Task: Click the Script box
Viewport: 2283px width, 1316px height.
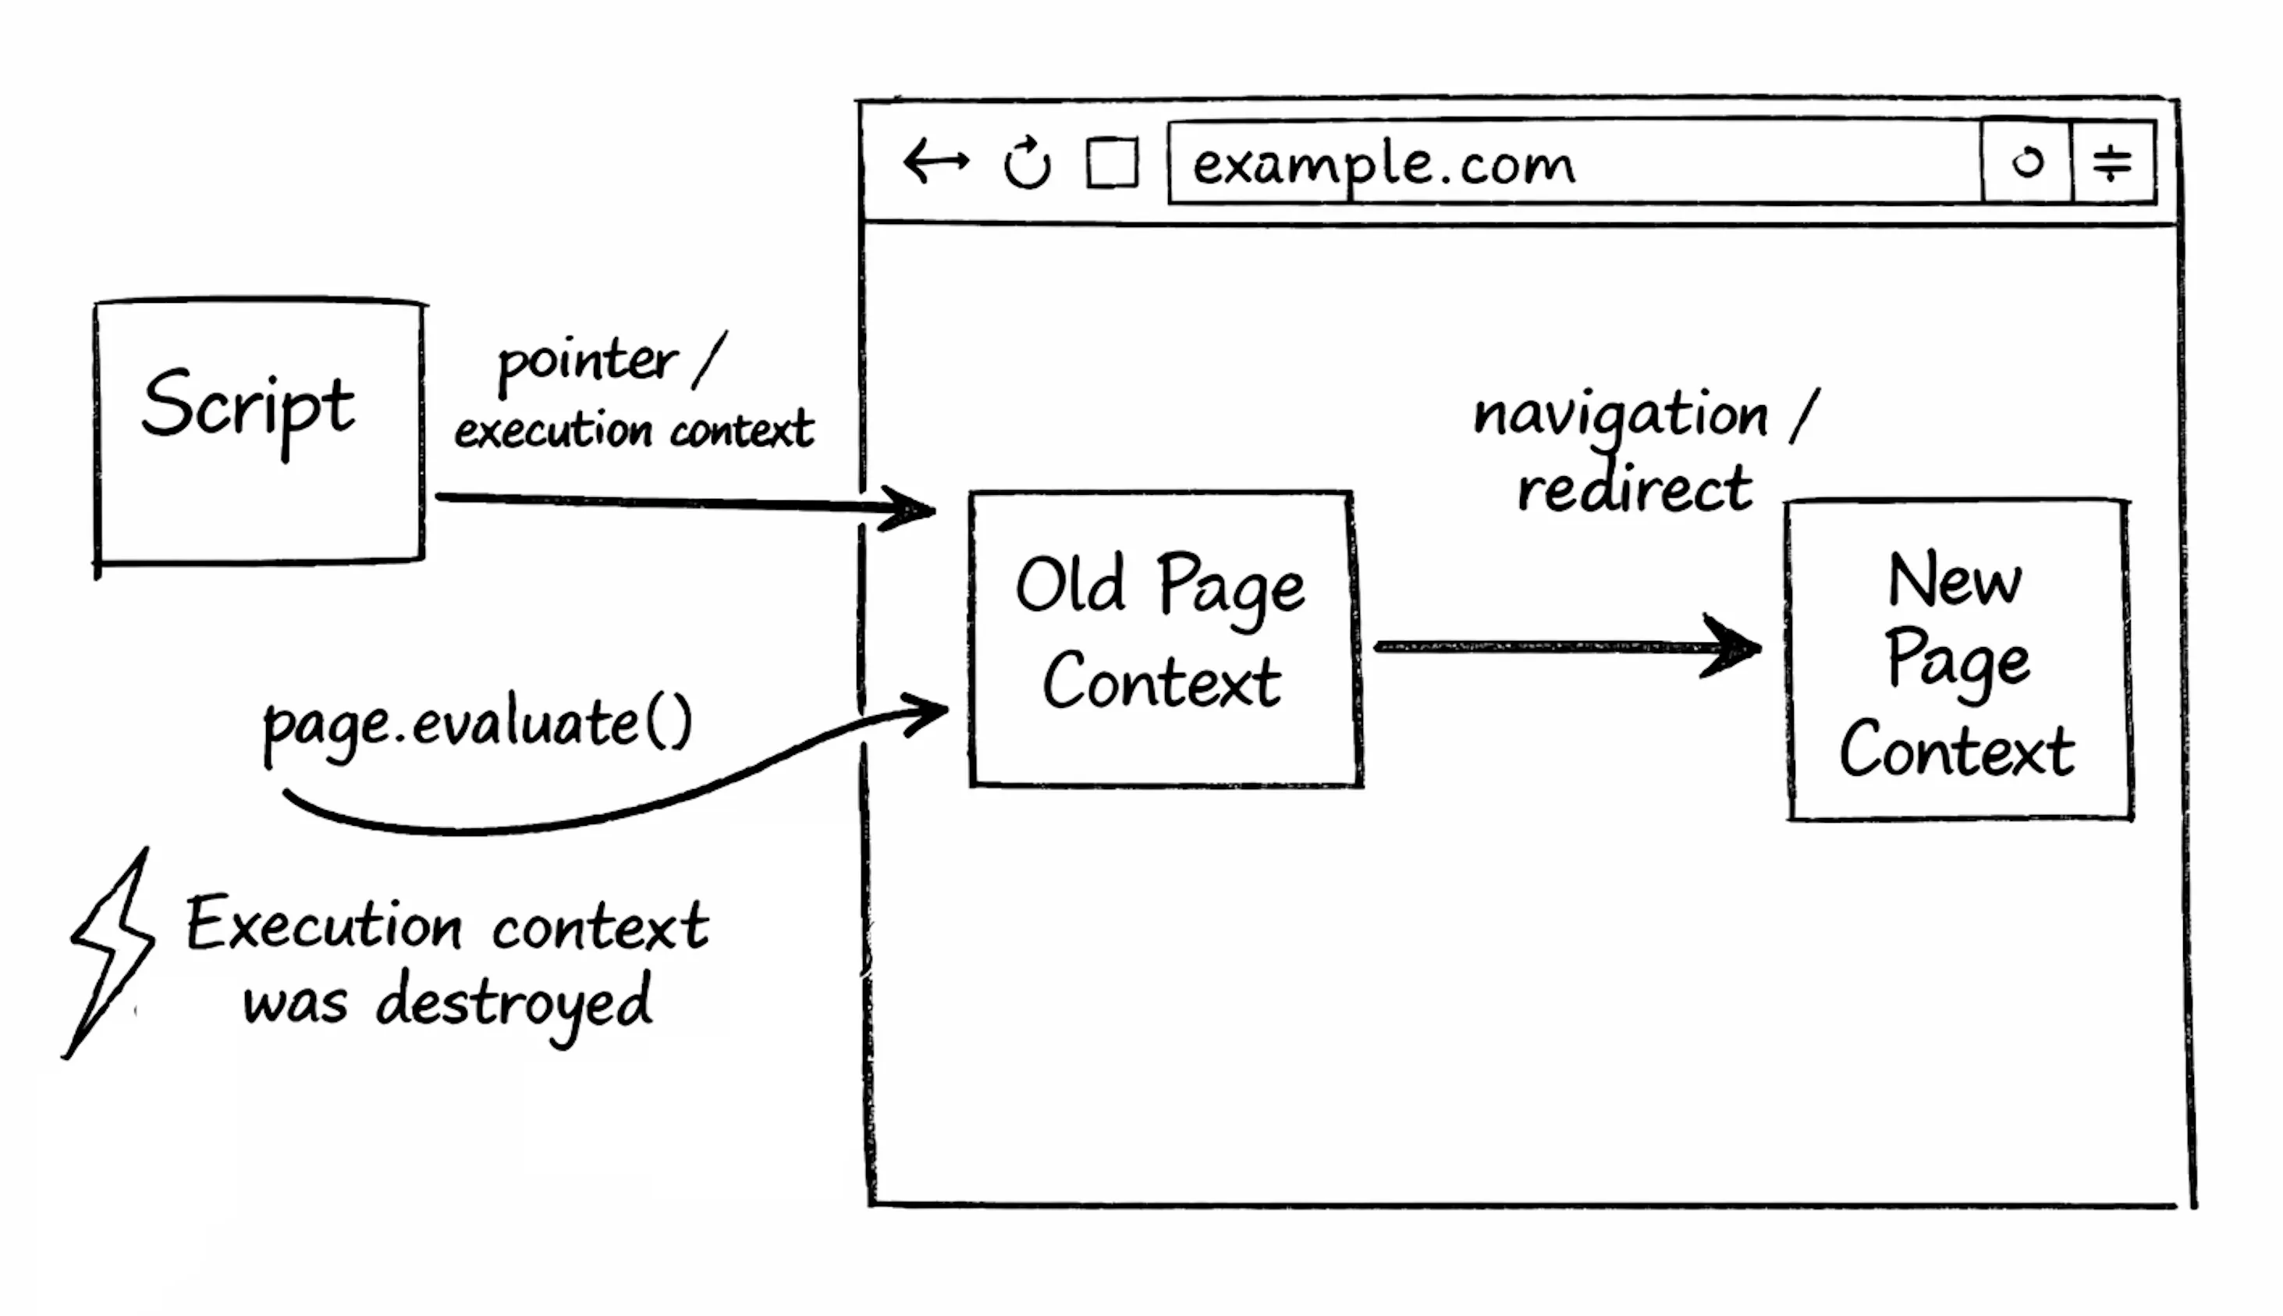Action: pyautogui.click(x=259, y=432)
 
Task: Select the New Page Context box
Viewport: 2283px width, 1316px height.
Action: pyautogui.click(x=1958, y=660)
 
